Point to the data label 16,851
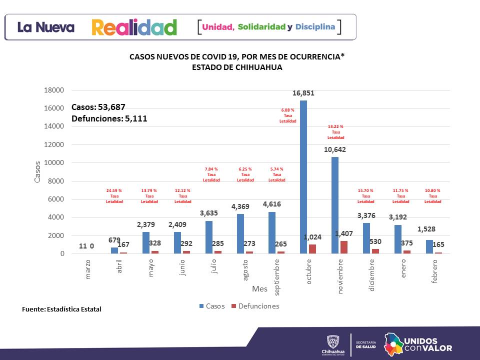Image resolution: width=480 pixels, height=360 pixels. click(x=303, y=93)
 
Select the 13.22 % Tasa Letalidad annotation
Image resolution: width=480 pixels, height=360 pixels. click(x=335, y=132)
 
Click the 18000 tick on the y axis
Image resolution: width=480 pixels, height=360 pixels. click(x=54, y=90)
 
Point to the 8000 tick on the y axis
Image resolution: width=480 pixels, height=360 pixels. click(x=56, y=181)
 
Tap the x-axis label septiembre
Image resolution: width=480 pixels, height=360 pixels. click(x=277, y=275)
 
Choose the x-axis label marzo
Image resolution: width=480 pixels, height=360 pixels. click(x=88, y=269)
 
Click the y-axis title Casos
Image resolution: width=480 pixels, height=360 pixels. click(x=37, y=171)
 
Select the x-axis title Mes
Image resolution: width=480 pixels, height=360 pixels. click(x=259, y=289)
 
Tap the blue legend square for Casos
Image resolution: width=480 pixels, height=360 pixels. click(x=201, y=306)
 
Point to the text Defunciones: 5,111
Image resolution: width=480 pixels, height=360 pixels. click(x=109, y=118)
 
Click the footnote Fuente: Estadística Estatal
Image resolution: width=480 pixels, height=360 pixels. click(x=61, y=309)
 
